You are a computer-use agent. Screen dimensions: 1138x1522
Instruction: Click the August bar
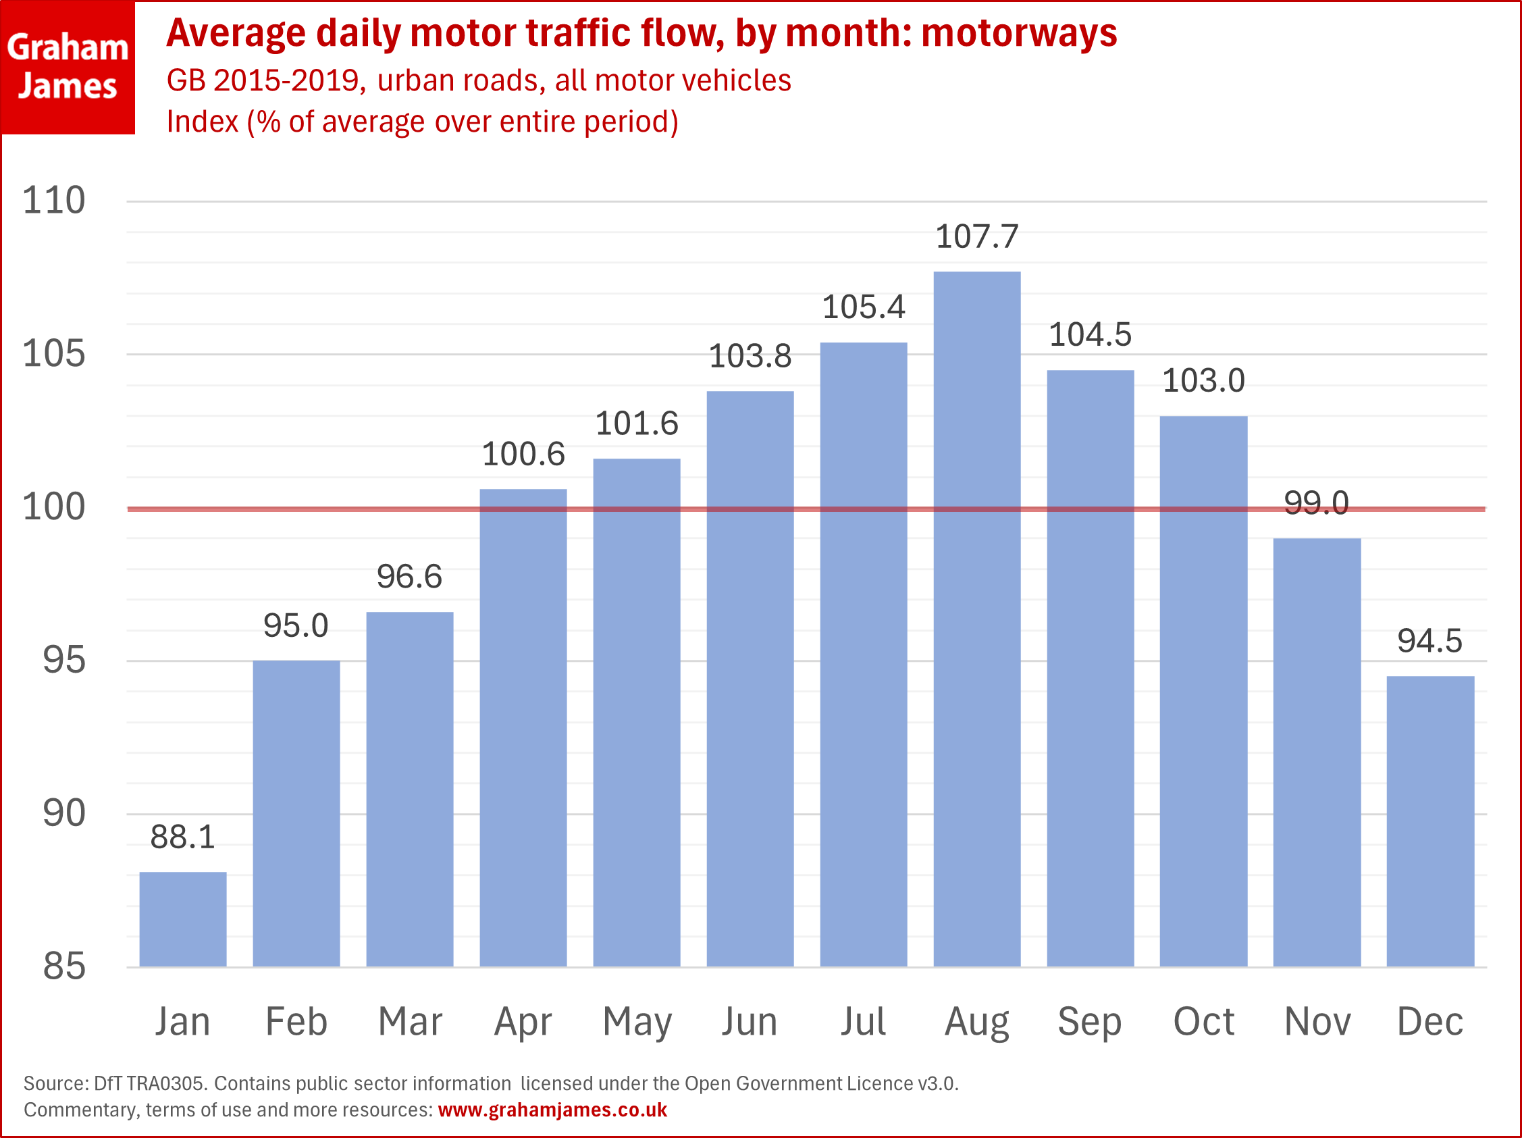click(976, 619)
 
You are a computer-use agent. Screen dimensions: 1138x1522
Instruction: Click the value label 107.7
click(976, 236)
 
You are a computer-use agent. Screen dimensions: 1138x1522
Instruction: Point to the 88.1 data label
click(182, 837)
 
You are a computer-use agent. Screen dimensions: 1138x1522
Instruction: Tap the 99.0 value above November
click(1316, 503)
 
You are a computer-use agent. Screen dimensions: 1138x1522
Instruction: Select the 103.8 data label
click(750, 357)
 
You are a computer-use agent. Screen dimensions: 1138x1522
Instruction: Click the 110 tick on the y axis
click(53, 201)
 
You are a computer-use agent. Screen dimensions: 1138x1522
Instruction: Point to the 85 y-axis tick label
click(64, 966)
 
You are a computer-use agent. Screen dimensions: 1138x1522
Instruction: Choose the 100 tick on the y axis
click(53, 507)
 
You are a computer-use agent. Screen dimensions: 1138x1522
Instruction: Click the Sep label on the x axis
click(1089, 1022)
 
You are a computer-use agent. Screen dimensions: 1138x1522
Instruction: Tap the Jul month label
click(863, 1022)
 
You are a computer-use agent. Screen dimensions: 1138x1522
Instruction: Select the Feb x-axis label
click(296, 1022)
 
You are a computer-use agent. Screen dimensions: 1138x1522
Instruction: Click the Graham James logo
click(68, 67)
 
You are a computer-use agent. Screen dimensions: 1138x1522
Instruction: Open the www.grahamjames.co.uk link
click(552, 1110)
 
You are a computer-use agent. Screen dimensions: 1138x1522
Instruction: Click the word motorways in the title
click(1019, 33)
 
